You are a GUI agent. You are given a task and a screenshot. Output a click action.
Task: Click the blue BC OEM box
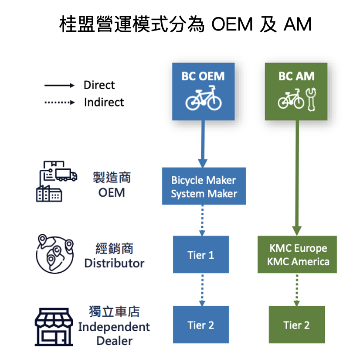pyautogui.click(x=203, y=92)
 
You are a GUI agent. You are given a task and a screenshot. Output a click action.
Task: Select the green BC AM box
pyautogui.click(x=296, y=92)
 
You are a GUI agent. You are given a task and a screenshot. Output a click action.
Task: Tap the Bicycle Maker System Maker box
pyautogui.click(x=204, y=186)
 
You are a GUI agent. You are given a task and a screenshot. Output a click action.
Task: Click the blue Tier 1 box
pyautogui.click(x=201, y=255)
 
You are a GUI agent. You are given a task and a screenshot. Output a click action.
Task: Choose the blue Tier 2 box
pyautogui.click(x=201, y=325)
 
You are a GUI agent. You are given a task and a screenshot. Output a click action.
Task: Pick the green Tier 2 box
pyautogui.click(x=296, y=325)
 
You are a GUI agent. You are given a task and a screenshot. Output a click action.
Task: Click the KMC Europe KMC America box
pyautogui.click(x=297, y=255)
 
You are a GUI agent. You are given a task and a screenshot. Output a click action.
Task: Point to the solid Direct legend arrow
pyautogui.click(x=60, y=86)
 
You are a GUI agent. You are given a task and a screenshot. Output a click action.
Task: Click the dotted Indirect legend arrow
pyautogui.click(x=60, y=103)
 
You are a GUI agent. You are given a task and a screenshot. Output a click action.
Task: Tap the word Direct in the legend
pyautogui.click(x=99, y=85)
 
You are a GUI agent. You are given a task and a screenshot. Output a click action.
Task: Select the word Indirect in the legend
pyautogui.click(x=104, y=103)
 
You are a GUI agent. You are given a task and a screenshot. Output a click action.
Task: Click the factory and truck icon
pyautogui.click(x=56, y=181)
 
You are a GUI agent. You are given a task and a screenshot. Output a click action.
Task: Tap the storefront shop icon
pyautogui.click(x=53, y=327)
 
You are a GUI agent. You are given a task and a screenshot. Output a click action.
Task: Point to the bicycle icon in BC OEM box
pyautogui.click(x=204, y=99)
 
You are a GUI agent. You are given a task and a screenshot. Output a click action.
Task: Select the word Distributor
pyautogui.click(x=114, y=264)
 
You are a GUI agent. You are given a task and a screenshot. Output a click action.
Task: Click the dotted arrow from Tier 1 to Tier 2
pyautogui.click(x=202, y=289)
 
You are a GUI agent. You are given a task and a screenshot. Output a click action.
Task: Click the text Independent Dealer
pyautogui.click(x=114, y=334)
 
